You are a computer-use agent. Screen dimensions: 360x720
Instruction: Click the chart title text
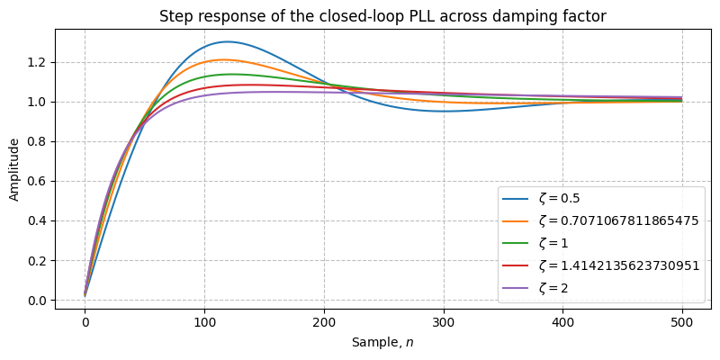(382, 16)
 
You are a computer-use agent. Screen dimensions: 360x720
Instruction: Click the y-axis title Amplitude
(13, 168)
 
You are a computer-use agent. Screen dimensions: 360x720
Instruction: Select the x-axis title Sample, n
(382, 343)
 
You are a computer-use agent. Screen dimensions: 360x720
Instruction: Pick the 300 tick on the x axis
(443, 321)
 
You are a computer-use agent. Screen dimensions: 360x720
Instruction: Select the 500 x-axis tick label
(681, 321)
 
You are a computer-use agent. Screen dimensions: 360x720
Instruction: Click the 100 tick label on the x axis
(204, 321)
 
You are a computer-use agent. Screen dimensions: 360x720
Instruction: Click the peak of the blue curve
(227, 41)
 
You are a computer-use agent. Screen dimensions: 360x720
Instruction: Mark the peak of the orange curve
(226, 59)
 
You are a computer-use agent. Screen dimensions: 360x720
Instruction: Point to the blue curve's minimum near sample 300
(443, 111)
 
